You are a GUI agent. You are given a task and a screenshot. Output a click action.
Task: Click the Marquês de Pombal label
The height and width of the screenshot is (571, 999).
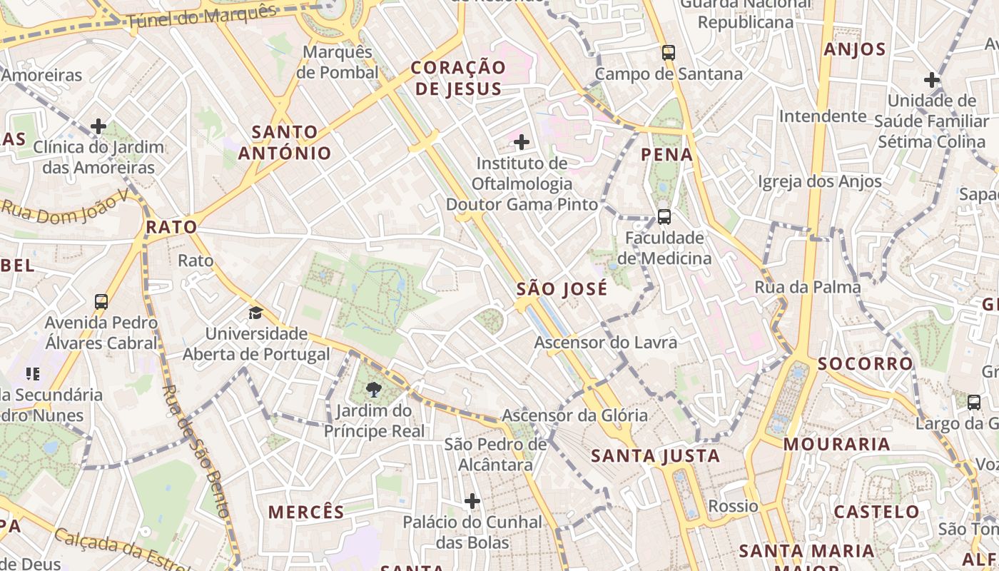click(x=338, y=62)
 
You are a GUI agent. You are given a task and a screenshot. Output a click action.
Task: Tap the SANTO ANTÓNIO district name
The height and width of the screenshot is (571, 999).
click(x=285, y=142)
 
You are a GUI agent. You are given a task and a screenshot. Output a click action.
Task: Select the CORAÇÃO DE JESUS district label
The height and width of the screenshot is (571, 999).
click(x=458, y=78)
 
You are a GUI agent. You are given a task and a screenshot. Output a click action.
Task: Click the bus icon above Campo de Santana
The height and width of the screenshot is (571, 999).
click(x=668, y=52)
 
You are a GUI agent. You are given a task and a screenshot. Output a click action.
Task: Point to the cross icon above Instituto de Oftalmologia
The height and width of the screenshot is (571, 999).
click(x=522, y=142)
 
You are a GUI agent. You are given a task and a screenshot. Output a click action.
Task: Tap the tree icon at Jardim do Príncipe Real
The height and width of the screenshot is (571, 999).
click(x=373, y=390)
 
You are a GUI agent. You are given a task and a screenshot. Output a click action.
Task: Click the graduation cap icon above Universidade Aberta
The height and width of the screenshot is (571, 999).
click(x=255, y=313)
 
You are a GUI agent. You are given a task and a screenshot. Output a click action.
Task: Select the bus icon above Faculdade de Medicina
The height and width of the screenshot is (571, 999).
click(x=664, y=216)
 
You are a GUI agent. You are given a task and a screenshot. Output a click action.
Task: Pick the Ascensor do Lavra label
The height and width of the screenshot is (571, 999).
click(x=606, y=343)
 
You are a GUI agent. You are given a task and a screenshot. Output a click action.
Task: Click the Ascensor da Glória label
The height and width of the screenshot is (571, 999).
click(x=575, y=415)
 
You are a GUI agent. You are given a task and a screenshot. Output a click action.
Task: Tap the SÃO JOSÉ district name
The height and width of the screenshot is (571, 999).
click(x=562, y=289)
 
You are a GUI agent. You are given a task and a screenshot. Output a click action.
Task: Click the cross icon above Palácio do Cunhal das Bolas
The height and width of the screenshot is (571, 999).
click(x=472, y=501)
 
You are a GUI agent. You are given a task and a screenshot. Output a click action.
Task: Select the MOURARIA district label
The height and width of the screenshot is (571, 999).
click(x=837, y=444)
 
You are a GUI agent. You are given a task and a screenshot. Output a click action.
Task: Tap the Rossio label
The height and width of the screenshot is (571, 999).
click(x=733, y=506)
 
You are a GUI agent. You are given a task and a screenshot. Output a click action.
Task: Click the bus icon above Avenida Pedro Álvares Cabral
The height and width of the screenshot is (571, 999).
click(x=101, y=301)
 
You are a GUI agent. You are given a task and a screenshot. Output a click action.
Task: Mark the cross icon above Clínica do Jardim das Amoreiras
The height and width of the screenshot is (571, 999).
click(x=98, y=127)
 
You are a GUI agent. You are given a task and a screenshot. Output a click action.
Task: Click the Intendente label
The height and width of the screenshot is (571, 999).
click(x=823, y=116)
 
